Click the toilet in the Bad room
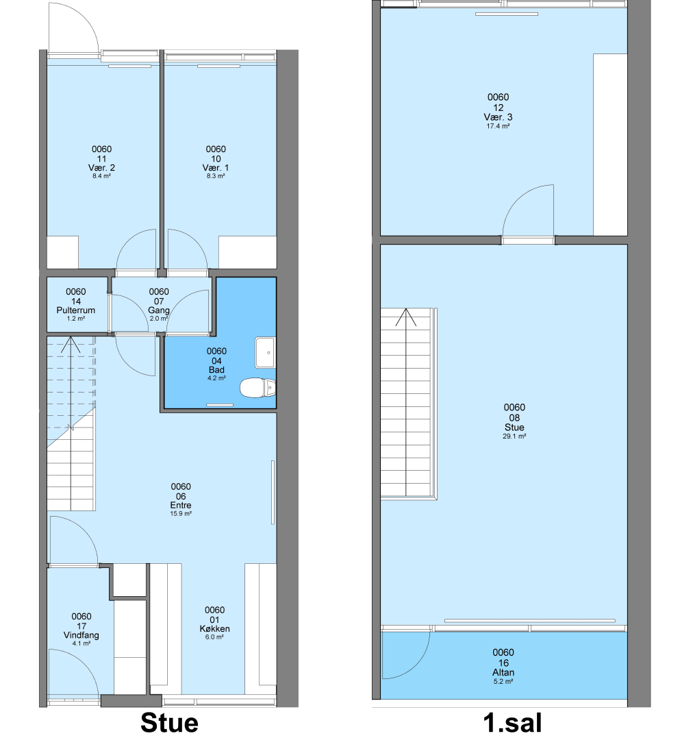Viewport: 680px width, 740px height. click(257, 388)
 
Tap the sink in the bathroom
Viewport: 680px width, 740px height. click(265, 353)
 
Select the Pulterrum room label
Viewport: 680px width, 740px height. click(76, 310)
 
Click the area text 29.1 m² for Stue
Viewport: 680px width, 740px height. click(514, 436)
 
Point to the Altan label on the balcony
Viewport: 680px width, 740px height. click(503, 672)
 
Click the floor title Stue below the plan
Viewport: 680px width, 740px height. click(169, 723)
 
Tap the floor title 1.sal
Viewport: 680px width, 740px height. click(513, 723)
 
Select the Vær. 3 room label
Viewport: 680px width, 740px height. click(498, 117)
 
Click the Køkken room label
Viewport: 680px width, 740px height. click(214, 628)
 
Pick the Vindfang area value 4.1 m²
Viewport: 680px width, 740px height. click(81, 643)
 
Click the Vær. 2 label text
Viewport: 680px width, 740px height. click(101, 168)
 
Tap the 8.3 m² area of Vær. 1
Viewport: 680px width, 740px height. click(216, 176)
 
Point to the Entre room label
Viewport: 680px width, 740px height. click(181, 505)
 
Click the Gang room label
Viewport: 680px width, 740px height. click(159, 310)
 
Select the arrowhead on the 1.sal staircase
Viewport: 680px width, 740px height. click(405, 317)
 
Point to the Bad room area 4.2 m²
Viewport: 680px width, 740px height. click(216, 378)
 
